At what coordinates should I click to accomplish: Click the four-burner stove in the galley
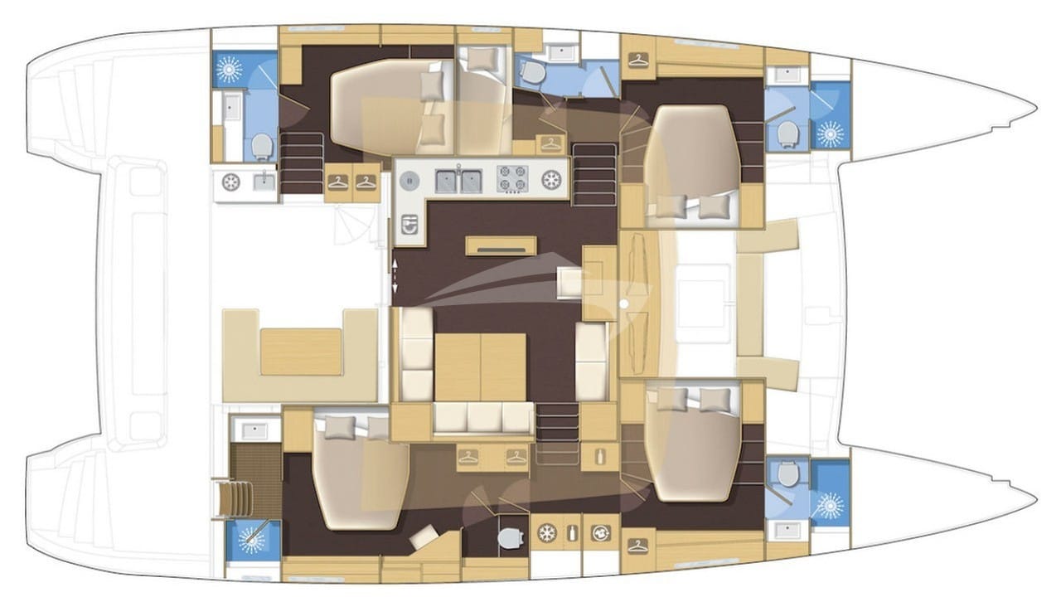(511, 178)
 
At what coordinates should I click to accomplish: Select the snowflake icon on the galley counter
(550, 179)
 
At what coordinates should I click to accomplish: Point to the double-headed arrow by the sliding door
(395, 274)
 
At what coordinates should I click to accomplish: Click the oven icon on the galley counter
(407, 225)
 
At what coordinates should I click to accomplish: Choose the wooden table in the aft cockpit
(302, 352)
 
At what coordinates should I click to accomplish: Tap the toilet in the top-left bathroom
(262, 147)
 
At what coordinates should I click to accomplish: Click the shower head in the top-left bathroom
(230, 70)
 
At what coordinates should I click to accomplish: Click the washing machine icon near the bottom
(598, 533)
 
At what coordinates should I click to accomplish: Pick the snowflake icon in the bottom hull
(547, 533)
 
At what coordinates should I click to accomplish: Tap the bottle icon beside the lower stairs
(598, 455)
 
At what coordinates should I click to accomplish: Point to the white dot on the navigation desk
(623, 304)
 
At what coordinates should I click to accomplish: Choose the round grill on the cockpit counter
(231, 182)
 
